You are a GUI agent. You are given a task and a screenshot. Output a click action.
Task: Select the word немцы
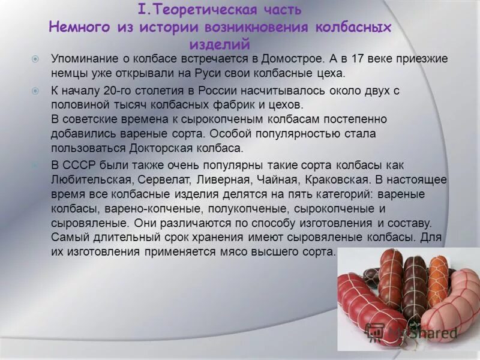coord(67,74)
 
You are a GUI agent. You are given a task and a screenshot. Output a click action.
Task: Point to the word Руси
coord(207,74)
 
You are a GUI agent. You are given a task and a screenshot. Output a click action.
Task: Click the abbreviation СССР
coord(82,164)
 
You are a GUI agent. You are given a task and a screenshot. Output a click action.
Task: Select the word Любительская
coord(90,179)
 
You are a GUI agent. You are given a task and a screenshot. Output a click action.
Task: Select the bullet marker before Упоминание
coord(35,59)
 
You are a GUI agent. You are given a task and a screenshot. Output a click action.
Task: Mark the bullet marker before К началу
coord(35,91)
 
